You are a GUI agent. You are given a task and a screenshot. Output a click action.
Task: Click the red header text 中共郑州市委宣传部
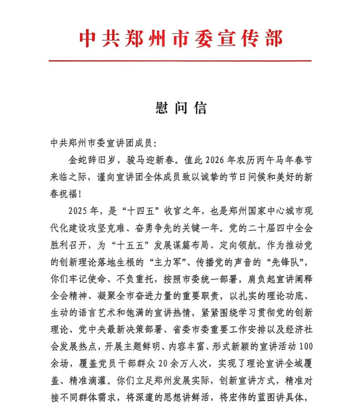tap(180, 38)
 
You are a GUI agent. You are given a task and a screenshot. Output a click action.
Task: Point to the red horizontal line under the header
tap(180, 61)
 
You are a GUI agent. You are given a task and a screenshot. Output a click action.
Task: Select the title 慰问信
tap(181, 108)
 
